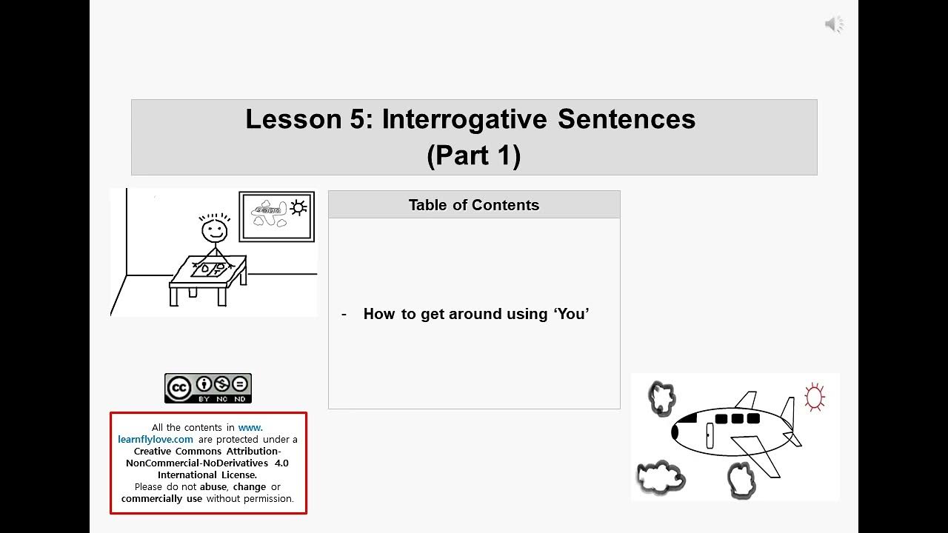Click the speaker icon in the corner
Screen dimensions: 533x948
(834, 24)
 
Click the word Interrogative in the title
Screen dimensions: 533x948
(465, 119)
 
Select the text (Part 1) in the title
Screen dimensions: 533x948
(474, 155)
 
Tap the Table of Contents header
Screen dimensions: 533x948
(474, 205)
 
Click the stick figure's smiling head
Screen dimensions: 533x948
(214, 231)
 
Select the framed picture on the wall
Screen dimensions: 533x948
(277, 216)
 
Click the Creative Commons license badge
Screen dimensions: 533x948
(208, 388)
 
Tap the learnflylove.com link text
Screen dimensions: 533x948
(156, 439)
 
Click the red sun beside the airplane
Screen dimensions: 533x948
(814, 398)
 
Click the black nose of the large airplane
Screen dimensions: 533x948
(675, 431)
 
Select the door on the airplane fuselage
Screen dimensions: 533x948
(710, 435)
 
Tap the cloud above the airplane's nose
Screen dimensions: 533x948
(661, 398)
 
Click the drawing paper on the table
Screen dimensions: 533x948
(208, 269)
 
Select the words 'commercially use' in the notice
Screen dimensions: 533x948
(162, 498)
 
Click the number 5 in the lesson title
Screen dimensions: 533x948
(355, 119)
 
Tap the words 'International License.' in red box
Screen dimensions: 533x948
(207, 475)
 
